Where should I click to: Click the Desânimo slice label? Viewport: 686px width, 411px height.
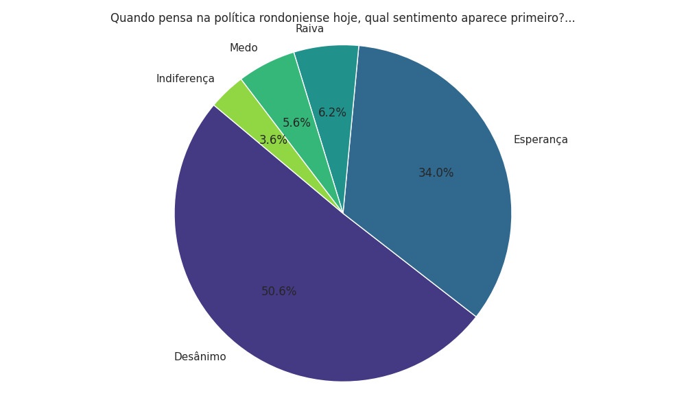200,357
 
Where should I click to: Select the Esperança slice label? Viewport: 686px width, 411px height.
541,140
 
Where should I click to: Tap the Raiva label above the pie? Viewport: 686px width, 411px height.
309,29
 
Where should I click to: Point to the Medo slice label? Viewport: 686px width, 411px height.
244,48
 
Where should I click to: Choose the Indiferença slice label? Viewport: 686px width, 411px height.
185,79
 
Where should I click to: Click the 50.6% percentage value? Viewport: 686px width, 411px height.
279,291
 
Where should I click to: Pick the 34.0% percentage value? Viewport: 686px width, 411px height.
436,173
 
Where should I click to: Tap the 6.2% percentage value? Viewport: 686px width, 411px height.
332,113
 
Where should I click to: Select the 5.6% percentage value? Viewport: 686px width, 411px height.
296,123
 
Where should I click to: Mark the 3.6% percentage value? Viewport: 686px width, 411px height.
273,140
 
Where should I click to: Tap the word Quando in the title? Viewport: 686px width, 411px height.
130,18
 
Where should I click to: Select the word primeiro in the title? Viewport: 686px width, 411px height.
536,18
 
